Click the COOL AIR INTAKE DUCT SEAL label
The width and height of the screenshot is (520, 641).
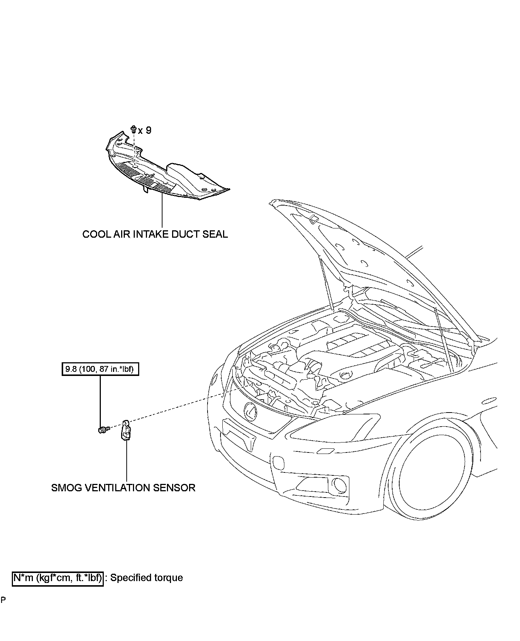coord(155,234)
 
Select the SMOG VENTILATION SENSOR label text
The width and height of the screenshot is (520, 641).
coord(123,488)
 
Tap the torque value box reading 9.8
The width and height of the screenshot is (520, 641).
coord(100,369)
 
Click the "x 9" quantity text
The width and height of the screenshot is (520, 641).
coord(144,130)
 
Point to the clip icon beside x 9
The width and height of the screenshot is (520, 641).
coord(133,129)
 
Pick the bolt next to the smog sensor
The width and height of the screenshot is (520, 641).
coord(103,430)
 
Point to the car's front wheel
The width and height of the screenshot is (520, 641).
coord(436,477)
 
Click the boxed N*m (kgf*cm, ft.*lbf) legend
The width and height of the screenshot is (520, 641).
coord(58,578)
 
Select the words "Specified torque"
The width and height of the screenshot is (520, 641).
coord(147,578)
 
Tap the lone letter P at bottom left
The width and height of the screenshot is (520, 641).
coord(3,600)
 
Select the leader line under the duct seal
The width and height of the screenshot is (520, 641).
coord(162,211)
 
